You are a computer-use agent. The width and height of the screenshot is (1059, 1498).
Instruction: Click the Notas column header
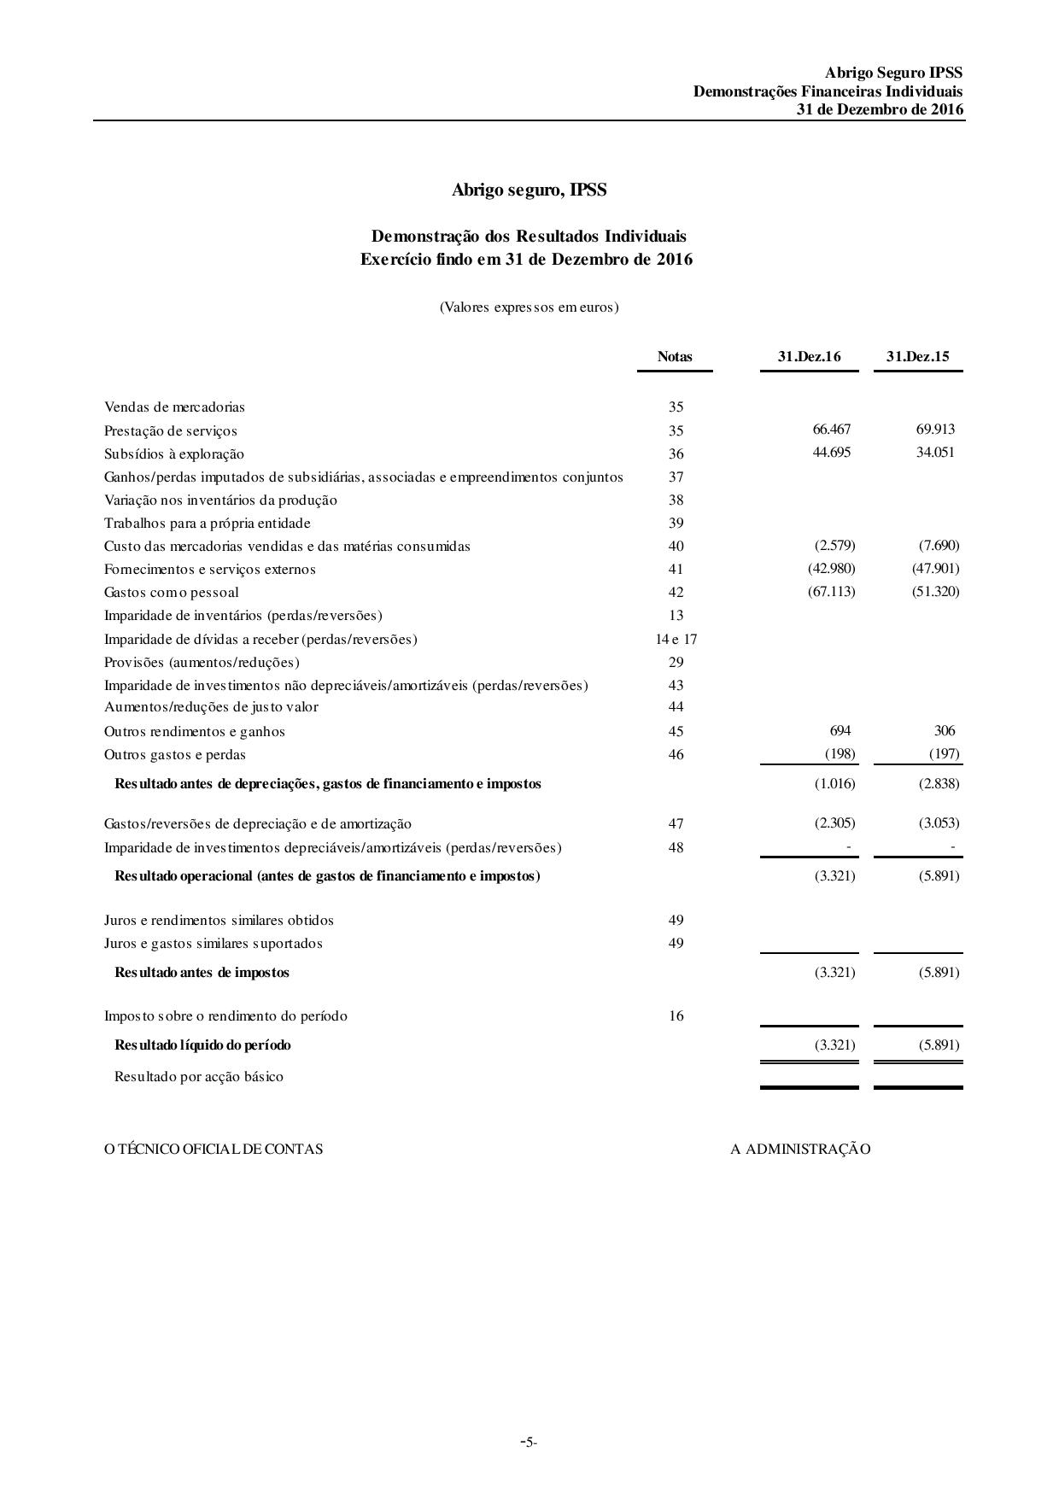[675, 357]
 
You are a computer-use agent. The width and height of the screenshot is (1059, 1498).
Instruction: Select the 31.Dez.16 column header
[809, 357]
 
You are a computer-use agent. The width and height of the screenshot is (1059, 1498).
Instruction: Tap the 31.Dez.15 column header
[917, 357]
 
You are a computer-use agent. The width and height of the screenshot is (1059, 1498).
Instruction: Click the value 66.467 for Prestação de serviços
[832, 430]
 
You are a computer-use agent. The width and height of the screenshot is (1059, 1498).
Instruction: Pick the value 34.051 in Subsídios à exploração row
[935, 453]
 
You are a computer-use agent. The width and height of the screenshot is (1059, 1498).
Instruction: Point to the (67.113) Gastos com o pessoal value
[831, 592]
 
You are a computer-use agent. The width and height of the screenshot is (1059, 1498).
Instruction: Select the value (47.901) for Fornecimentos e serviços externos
[935, 569]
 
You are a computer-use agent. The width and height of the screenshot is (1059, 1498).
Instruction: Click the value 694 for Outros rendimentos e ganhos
[840, 731]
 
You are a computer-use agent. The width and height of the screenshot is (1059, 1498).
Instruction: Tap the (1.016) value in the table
[834, 784]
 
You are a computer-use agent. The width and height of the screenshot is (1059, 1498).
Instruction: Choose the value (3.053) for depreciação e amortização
[939, 823]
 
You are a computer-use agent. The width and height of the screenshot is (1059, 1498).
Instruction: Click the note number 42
[676, 592]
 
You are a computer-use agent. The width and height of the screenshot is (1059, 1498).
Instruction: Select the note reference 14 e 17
[676, 639]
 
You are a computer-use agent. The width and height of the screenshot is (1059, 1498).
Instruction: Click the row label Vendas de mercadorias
[174, 407]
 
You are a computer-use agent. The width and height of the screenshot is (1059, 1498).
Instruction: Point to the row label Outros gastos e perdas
[175, 755]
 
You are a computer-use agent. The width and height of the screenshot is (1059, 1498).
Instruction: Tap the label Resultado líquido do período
[202, 1045]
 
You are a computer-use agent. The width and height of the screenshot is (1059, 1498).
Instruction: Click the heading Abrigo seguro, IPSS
[529, 190]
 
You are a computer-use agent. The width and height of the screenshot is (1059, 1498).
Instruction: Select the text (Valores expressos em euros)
[529, 307]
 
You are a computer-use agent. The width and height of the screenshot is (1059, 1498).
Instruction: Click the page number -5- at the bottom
[529, 1442]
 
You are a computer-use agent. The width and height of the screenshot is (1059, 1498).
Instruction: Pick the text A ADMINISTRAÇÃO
[800, 1150]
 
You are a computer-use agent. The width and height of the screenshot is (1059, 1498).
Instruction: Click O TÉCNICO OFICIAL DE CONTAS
[214, 1150]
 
